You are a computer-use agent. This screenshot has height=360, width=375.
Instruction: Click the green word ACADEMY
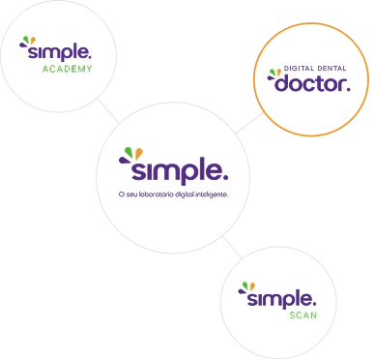coord(68,69)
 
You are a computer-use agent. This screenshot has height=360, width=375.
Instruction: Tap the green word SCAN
coord(303,315)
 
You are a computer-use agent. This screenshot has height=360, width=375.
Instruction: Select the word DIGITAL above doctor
coord(299,69)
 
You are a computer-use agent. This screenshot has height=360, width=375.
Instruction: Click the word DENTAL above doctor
coord(332,69)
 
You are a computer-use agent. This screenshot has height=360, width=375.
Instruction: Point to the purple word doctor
coord(312,83)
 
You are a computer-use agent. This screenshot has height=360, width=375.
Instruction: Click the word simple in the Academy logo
coord(60,52)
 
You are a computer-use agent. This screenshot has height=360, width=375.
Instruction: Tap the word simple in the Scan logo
coord(281,299)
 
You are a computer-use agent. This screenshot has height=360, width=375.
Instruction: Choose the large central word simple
coord(180,171)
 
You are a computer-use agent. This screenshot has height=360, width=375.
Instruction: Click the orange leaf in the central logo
coord(139,154)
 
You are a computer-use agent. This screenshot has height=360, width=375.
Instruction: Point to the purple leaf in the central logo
coord(124,160)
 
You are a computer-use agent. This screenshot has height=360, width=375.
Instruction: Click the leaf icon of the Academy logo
coord(27,43)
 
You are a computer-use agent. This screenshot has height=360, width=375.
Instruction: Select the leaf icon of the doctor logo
coord(274,75)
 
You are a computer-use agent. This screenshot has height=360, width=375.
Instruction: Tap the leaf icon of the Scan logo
coord(246,287)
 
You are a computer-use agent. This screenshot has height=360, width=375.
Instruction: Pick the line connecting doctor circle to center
coord(249,123)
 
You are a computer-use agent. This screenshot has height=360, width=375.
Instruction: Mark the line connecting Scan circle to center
coord(232,248)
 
